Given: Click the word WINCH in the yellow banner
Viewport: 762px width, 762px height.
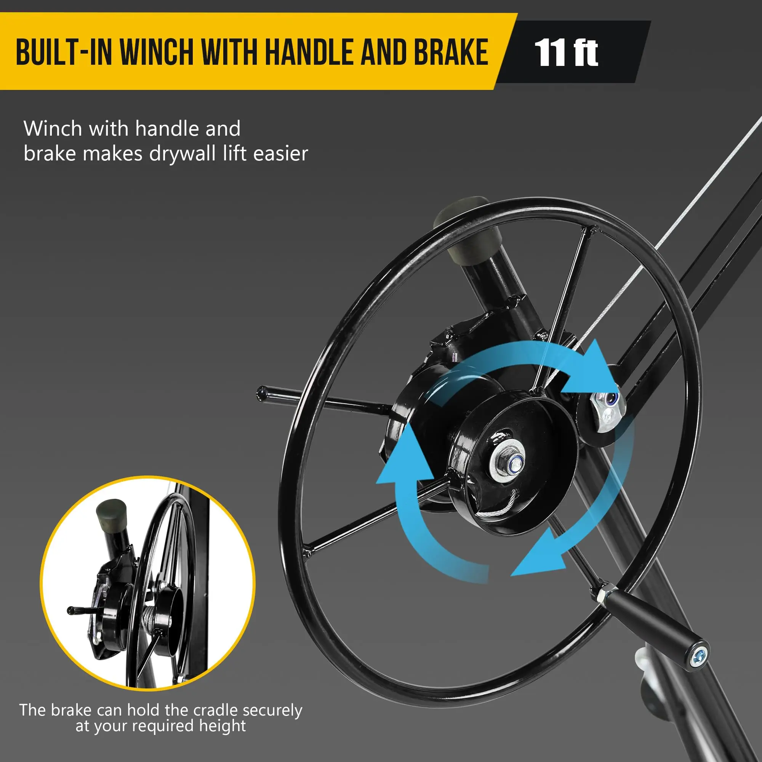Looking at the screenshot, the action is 157,52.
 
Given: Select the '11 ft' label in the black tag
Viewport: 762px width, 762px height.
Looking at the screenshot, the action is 566,53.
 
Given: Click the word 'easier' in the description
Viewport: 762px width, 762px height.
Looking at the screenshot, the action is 280,154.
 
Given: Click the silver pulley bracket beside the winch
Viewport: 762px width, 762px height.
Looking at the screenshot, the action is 608,410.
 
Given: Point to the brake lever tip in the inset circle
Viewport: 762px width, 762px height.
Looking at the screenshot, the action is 70,610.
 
